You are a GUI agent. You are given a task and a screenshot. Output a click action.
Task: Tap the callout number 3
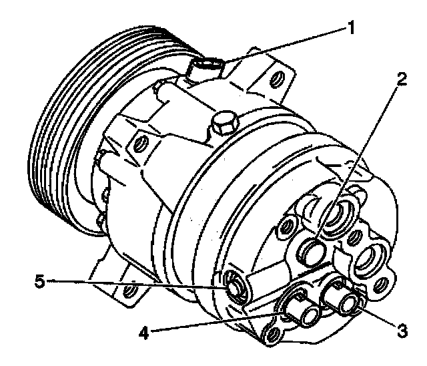point(401,329)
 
